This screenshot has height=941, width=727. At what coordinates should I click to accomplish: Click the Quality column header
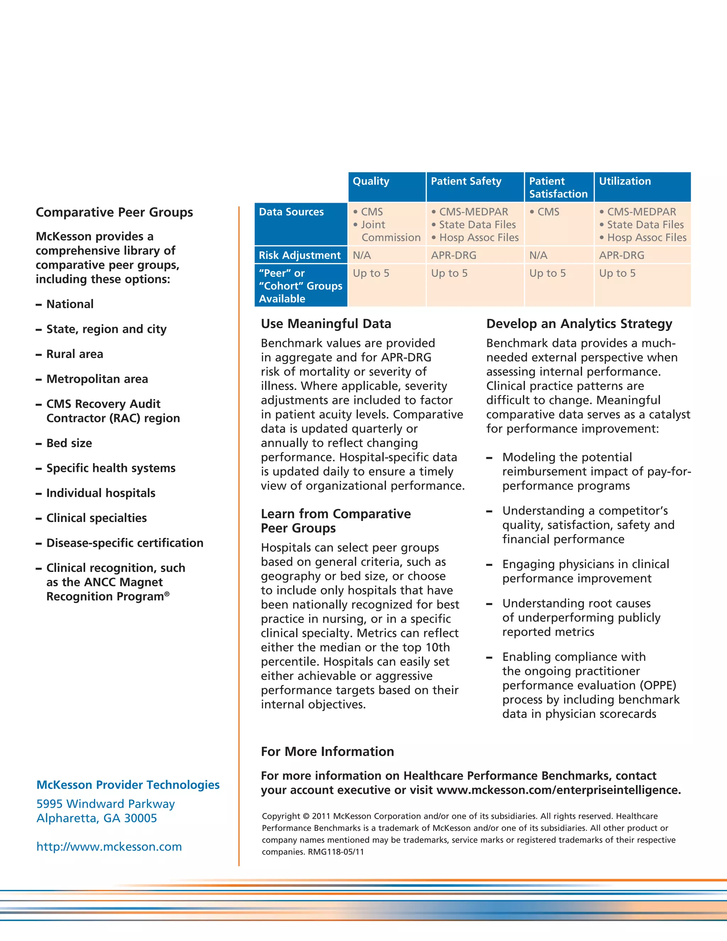371,181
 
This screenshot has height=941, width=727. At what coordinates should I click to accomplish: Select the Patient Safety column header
466,181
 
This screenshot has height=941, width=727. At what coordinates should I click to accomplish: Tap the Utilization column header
624,181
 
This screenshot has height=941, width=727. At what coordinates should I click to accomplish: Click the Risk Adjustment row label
300,256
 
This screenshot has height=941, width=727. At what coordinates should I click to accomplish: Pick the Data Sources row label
291,212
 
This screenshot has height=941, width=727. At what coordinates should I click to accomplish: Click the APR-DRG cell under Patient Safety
454,256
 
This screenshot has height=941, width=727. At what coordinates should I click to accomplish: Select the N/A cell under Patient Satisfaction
539,256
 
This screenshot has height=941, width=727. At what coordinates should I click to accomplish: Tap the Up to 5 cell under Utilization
617,273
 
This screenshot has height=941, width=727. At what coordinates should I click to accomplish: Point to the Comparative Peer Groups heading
114,212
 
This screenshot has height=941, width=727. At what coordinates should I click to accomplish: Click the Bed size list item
69,444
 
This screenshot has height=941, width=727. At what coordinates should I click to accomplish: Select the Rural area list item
75,354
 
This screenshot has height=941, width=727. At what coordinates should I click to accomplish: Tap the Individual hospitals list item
100,493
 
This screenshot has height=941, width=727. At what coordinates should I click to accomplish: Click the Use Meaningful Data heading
326,324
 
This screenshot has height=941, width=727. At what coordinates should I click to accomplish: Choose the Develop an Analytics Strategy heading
579,324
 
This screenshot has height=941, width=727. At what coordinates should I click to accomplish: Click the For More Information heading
327,752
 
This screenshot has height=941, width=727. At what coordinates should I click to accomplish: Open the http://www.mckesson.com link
109,847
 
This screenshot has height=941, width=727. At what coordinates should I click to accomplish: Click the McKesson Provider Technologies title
128,785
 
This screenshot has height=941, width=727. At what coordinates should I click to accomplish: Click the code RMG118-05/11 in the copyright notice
336,852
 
